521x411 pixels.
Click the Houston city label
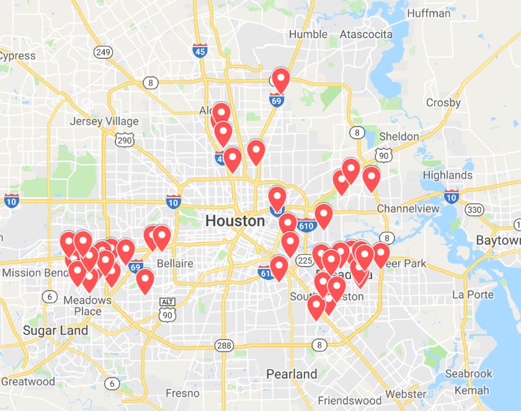(234, 221)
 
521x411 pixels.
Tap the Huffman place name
(429, 13)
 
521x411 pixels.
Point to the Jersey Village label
(104, 121)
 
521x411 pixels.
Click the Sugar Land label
(55, 330)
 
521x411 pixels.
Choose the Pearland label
(292, 374)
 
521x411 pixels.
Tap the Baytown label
(499, 240)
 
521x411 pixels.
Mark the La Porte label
(473, 294)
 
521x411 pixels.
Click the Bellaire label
(175, 263)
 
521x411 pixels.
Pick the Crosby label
(443, 103)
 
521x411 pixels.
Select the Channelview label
(408, 208)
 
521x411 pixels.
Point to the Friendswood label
(347, 400)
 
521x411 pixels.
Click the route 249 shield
(103, 53)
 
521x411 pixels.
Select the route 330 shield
(474, 210)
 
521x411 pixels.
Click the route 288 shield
(224, 345)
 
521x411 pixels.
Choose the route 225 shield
(305, 260)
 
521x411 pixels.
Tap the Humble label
(308, 34)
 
